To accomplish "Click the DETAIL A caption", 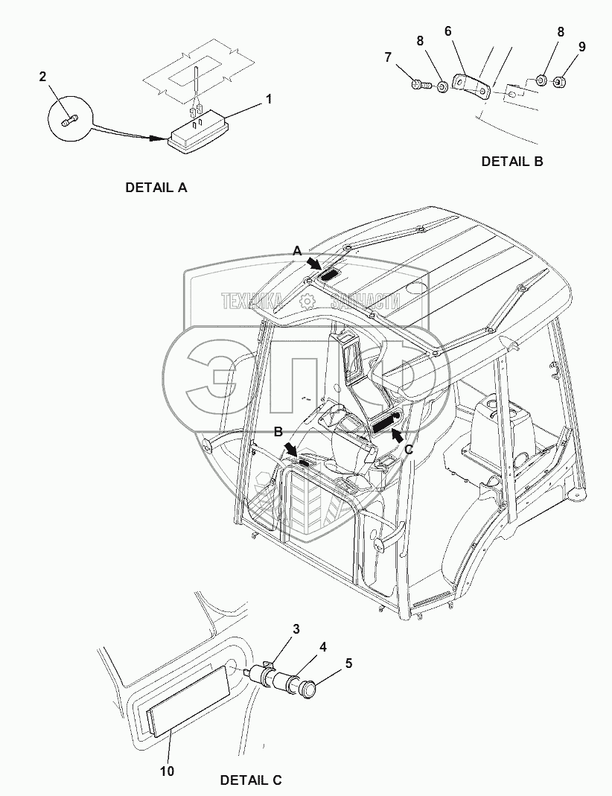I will click(156, 188).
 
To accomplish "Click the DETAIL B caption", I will click(511, 161).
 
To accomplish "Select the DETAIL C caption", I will click(251, 780).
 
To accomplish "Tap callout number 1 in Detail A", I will click(269, 98).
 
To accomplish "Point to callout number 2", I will click(42, 76).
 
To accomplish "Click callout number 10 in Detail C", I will click(167, 771).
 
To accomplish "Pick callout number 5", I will click(348, 663).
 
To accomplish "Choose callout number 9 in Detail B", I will click(581, 47).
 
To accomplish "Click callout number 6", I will click(447, 31).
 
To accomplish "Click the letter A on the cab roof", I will click(297, 252).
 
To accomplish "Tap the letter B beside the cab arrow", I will click(278, 431).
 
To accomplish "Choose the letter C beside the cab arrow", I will click(408, 449).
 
